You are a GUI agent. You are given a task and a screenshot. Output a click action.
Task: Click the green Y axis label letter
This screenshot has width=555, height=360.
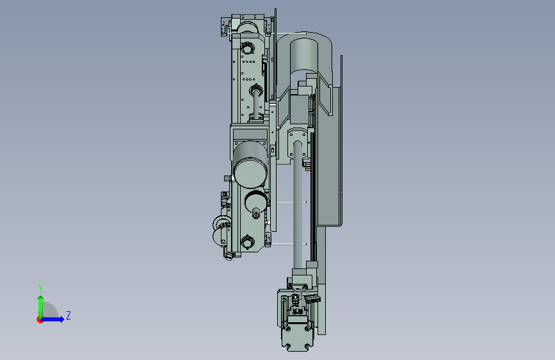(40, 288)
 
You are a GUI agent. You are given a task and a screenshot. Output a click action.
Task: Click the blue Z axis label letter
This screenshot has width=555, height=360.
(68, 315)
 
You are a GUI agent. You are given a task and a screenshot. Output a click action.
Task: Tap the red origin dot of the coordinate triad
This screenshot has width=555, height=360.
(40, 320)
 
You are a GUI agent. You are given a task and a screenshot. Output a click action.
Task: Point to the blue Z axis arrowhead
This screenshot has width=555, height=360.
(61, 319)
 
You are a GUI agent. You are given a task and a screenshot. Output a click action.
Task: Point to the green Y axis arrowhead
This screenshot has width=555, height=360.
(41, 299)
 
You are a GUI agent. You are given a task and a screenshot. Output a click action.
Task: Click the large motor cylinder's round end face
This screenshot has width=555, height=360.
(250, 173)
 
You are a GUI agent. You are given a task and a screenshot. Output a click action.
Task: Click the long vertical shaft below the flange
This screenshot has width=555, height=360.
(297, 205)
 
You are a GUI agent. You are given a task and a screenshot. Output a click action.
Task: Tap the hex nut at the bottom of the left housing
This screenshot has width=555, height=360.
(248, 242)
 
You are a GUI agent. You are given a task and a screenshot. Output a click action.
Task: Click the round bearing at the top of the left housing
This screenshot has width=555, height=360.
(248, 47)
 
